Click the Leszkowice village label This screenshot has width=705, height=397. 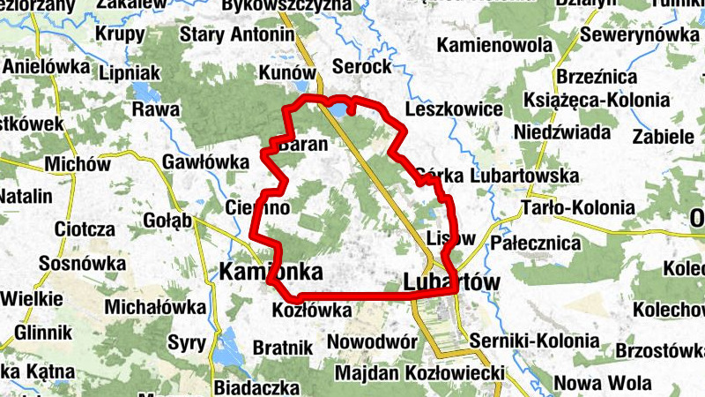coord(454,110)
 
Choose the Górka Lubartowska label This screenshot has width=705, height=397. coord(495,176)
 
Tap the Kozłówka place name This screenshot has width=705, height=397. coord(313,311)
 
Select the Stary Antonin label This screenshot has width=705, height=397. coord(236,35)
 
